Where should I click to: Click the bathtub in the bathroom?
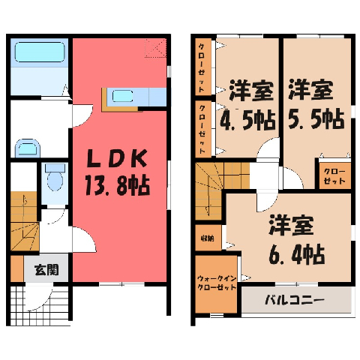[40, 52]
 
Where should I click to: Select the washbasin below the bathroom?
[28, 148]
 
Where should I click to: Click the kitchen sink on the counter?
[122, 96]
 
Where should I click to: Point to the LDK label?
[116, 158]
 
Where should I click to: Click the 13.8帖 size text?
[118, 185]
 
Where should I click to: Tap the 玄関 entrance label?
[46, 270]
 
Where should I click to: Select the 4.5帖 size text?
[247, 120]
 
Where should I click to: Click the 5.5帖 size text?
[316, 119]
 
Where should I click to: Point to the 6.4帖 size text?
[297, 255]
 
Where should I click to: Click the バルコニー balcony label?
[295, 299]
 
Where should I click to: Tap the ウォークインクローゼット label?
[217, 283]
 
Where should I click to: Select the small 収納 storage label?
[208, 238]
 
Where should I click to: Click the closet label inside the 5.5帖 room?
[334, 176]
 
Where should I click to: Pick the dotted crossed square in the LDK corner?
[155, 48]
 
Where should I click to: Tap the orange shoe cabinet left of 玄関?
[17, 268]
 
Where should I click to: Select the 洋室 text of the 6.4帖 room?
[291, 226]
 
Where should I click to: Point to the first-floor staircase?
[25, 221]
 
